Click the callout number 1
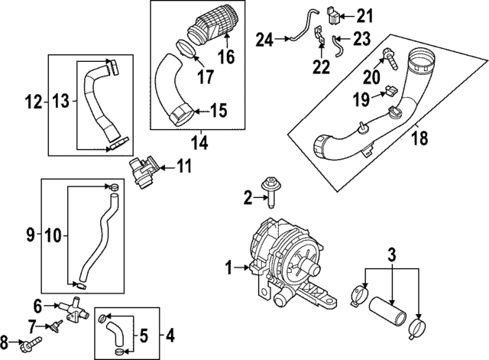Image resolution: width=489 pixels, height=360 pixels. (228, 268)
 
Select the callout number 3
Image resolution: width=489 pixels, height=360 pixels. (391, 253)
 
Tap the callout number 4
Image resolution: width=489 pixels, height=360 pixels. (169, 334)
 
